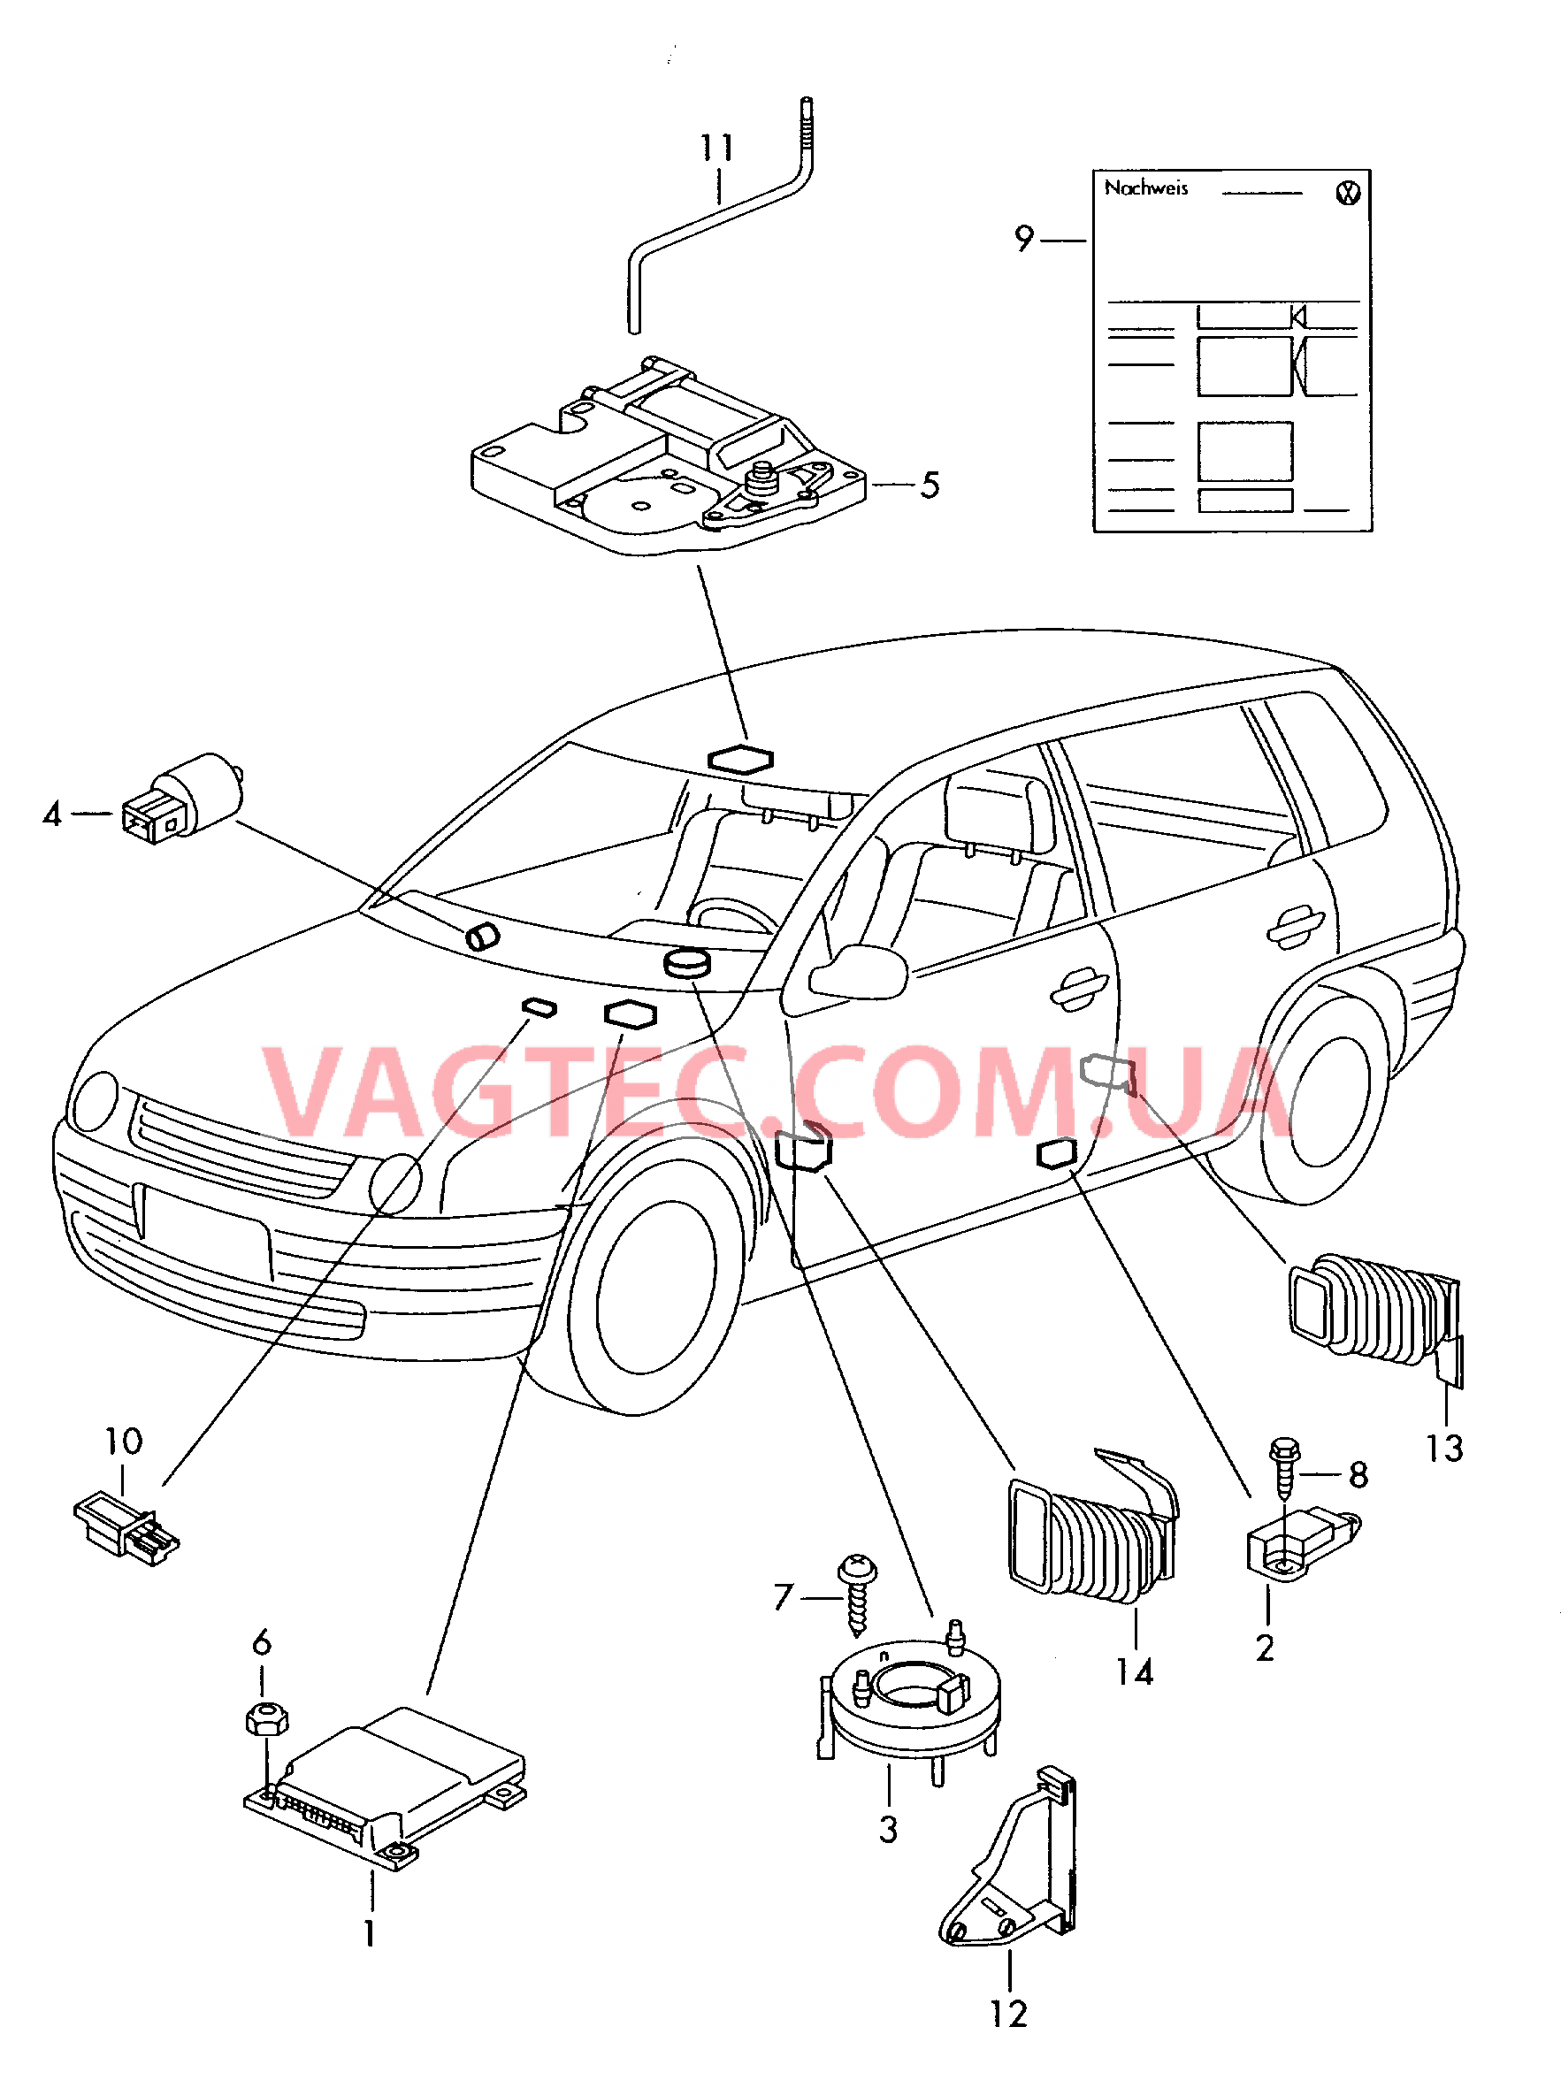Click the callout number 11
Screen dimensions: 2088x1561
coord(716,149)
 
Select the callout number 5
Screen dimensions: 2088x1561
coord(930,486)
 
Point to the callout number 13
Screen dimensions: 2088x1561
coord(1444,1448)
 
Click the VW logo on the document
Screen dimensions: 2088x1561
coord(1349,193)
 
